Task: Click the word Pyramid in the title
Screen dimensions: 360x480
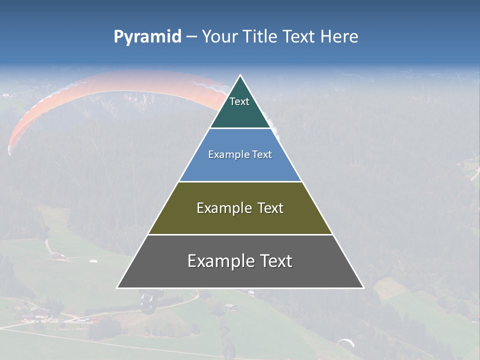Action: pyautogui.click(x=147, y=37)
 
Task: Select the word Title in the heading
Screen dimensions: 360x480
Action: pyautogui.click(x=258, y=37)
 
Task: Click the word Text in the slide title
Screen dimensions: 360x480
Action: pyautogui.click(x=299, y=37)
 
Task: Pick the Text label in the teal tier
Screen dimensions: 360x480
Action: pyautogui.click(x=239, y=101)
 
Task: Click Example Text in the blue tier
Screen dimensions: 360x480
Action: pyautogui.click(x=240, y=154)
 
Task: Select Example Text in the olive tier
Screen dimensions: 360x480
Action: pyautogui.click(x=240, y=208)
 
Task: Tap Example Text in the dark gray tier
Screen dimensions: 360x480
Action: pyautogui.click(x=240, y=261)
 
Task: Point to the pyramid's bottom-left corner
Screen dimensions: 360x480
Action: pyautogui.click(x=117, y=287)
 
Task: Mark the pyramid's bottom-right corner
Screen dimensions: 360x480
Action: pyautogui.click(x=363, y=287)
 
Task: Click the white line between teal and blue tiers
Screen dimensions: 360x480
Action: pyautogui.click(x=240, y=128)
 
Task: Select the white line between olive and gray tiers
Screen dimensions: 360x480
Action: pyautogui.click(x=240, y=234)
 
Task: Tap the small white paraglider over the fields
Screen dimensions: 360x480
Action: pyautogui.click(x=346, y=342)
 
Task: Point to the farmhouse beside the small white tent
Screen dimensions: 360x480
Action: pyautogui.click(x=58, y=256)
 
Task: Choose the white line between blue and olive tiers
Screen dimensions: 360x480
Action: pyautogui.click(x=240, y=181)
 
